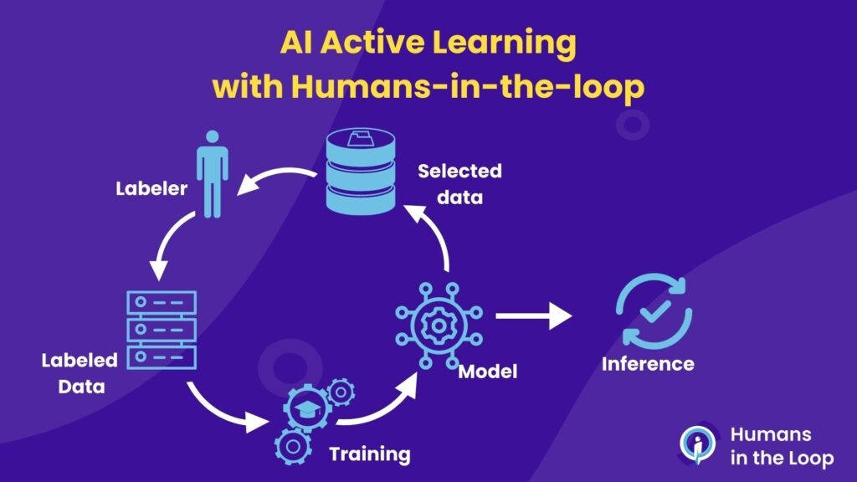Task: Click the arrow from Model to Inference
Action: [533, 316]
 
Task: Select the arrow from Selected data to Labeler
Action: [275, 177]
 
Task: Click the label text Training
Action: [370, 454]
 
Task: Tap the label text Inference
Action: [648, 364]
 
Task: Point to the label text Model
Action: [488, 370]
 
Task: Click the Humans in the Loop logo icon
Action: [696, 445]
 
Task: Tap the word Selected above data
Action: [459, 172]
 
